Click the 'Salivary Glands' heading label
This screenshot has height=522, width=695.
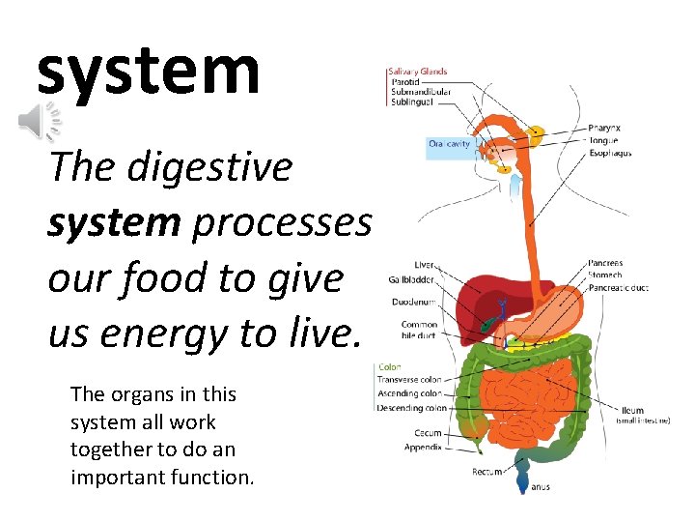(417, 71)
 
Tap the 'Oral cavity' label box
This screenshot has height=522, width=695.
(450, 144)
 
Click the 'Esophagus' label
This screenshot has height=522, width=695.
(610, 152)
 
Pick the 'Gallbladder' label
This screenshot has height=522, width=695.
(410, 280)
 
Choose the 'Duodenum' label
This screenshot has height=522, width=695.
(414, 302)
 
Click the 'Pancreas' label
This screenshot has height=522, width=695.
(605, 263)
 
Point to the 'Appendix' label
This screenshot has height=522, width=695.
(423, 447)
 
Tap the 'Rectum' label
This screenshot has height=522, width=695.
(486, 472)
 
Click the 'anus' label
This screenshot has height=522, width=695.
(541, 486)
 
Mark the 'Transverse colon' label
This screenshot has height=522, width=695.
(410, 380)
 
